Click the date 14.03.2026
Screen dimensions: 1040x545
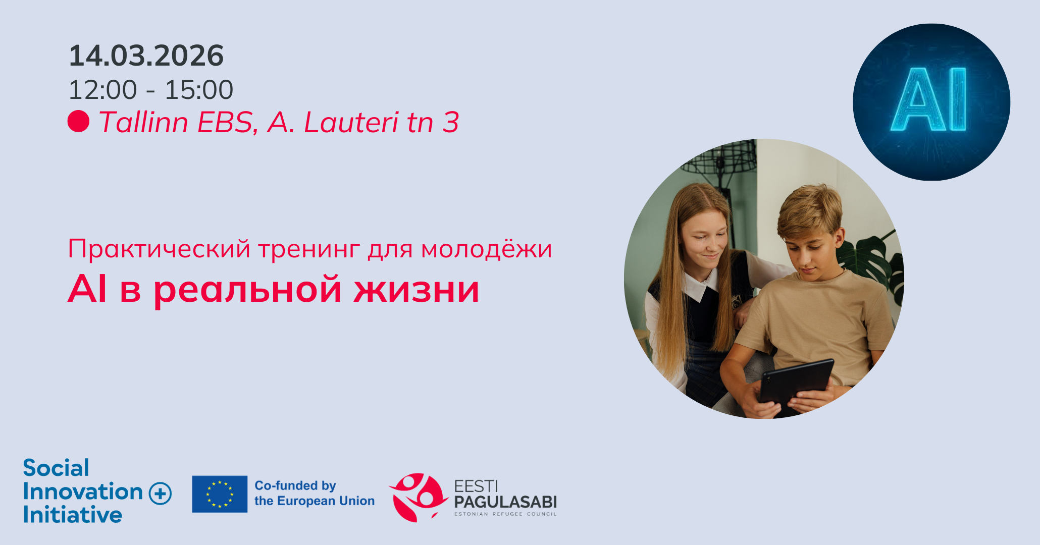(x=146, y=56)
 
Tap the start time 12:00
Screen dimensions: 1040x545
(x=102, y=90)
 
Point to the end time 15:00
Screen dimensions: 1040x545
(x=199, y=90)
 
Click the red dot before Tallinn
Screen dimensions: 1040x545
(x=78, y=121)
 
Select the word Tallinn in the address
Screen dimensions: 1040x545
(x=144, y=122)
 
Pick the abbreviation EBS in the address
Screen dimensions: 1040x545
(x=227, y=123)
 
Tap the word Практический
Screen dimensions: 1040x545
(x=159, y=249)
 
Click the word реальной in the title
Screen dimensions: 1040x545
(x=247, y=291)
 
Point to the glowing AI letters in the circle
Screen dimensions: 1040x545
(x=929, y=100)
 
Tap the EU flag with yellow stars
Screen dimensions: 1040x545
(x=220, y=494)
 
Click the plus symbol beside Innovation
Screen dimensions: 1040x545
(x=161, y=493)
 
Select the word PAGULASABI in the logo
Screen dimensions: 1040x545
(x=505, y=502)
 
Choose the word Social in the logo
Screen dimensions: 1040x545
(x=56, y=468)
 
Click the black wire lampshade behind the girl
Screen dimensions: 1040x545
(x=723, y=159)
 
